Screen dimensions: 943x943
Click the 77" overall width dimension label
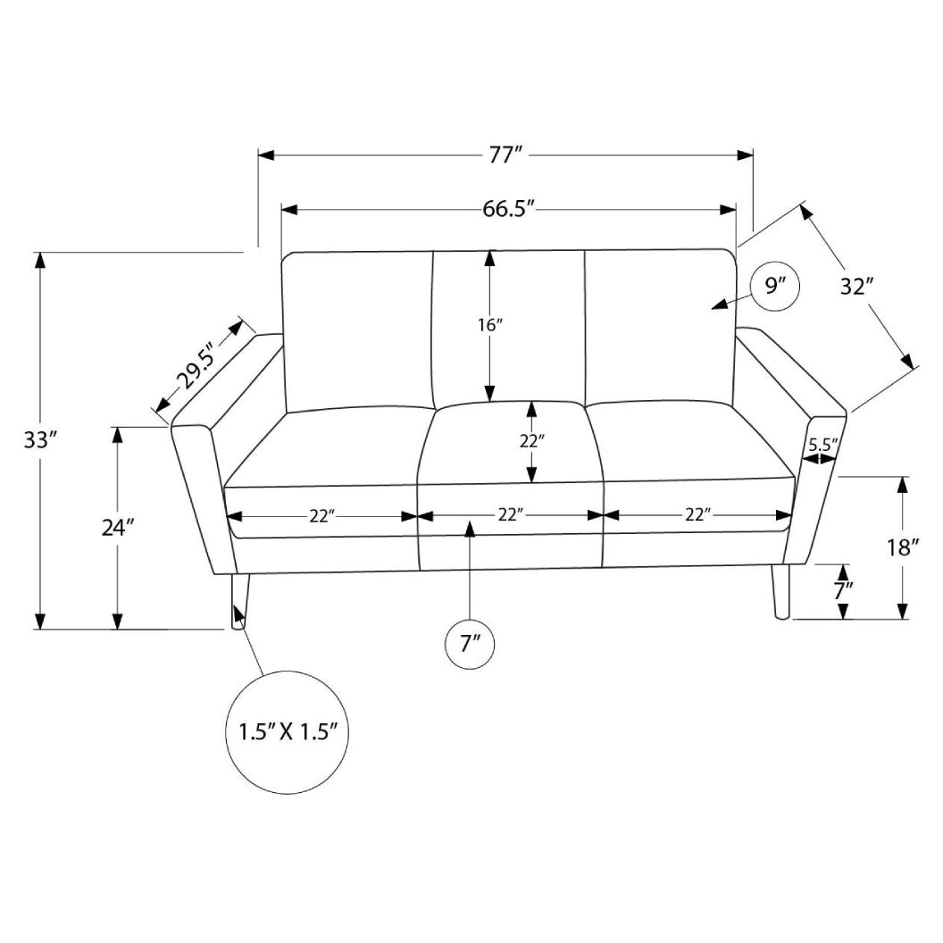(505, 155)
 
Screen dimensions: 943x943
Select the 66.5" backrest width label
(508, 210)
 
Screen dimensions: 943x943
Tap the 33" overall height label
(40, 439)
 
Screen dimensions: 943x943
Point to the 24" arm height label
(117, 527)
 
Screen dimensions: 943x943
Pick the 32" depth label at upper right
(855, 287)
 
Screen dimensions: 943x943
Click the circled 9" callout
(773, 287)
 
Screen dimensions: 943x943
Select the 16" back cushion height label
(490, 325)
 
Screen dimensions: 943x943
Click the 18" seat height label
(903, 547)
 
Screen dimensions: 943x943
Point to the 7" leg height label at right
(843, 590)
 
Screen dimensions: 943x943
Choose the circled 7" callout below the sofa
(471, 643)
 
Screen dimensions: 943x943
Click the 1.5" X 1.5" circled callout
(286, 732)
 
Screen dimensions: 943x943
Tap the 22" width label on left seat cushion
(321, 515)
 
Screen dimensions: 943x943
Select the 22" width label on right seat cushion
(697, 515)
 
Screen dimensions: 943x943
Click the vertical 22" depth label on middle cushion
(532, 440)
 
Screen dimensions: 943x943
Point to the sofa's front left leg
(239, 603)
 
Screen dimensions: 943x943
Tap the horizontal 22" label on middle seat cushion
(510, 515)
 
